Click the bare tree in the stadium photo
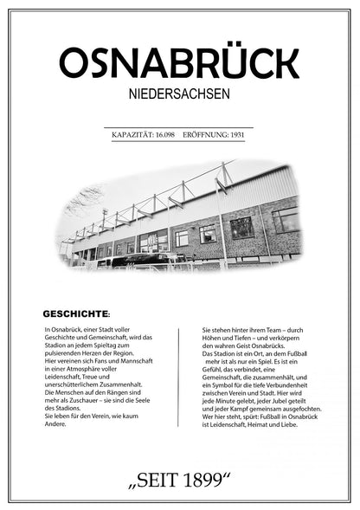84,203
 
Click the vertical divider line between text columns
179,378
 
